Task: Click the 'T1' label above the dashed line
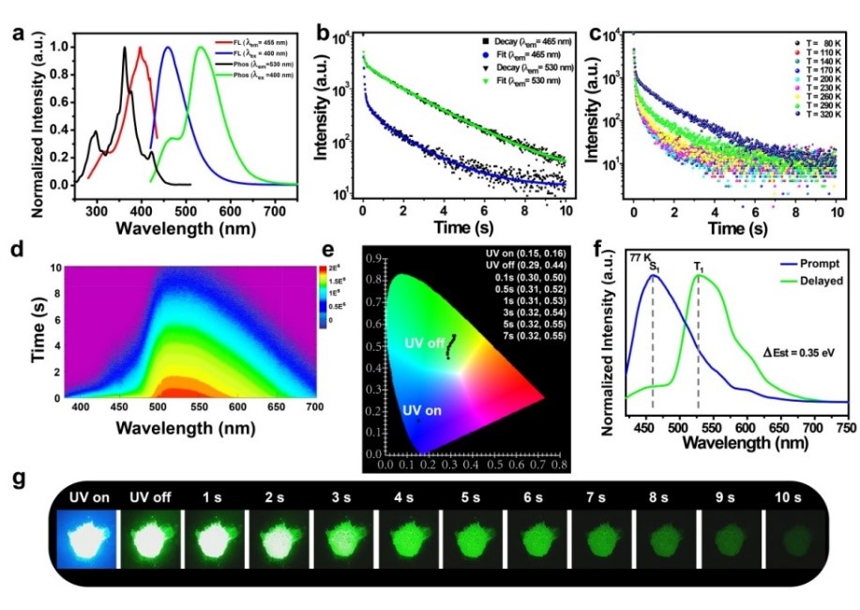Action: coord(699,268)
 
